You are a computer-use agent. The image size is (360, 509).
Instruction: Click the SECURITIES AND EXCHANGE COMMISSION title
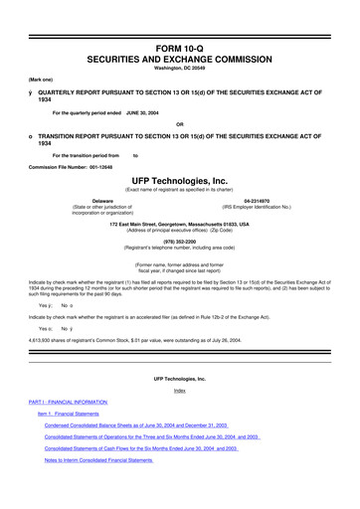click(179, 60)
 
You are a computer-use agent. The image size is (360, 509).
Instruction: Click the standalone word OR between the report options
click(179, 124)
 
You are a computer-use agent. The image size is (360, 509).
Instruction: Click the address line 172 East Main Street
click(179, 224)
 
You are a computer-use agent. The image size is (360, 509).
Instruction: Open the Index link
click(179, 391)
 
